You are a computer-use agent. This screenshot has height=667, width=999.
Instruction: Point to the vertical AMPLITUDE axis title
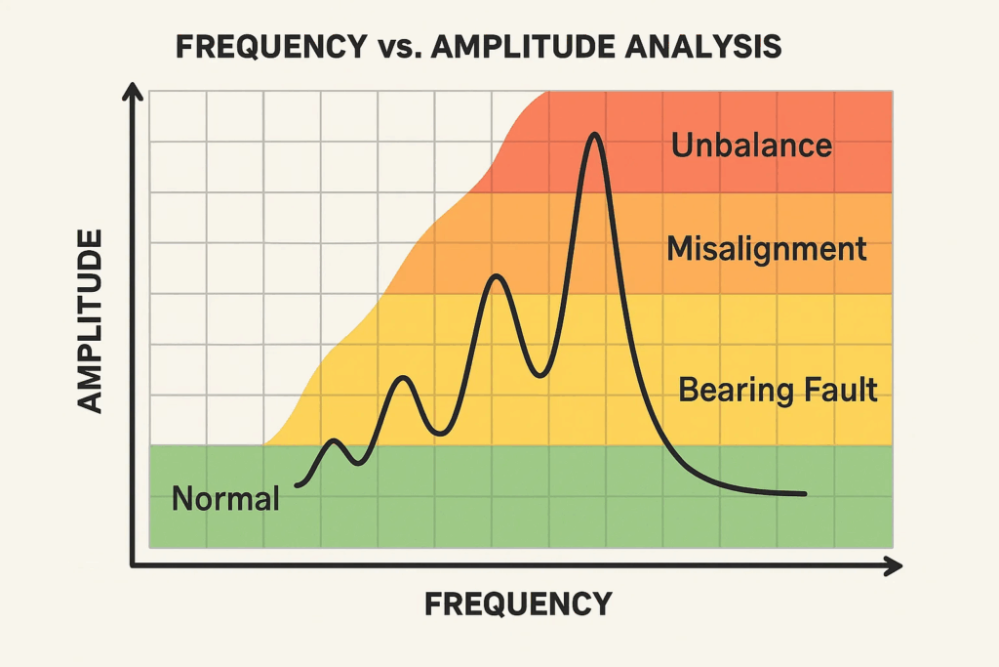(90, 321)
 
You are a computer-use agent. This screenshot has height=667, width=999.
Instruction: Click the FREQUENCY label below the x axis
(518, 604)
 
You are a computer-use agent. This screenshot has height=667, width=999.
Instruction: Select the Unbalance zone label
(751, 146)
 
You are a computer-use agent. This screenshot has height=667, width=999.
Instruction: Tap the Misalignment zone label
(766, 248)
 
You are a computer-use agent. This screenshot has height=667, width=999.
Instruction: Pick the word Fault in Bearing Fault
(839, 391)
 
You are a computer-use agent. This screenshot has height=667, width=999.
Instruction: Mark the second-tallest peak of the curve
(497, 277)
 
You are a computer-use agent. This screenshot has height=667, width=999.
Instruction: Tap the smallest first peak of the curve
(334, 441)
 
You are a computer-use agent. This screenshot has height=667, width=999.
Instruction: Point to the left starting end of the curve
(297, 484)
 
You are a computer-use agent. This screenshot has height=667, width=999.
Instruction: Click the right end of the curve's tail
(805, 494)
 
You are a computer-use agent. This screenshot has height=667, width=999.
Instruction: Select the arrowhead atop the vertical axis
(134, 92)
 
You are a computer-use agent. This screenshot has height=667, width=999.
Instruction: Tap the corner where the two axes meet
(134, 565)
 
